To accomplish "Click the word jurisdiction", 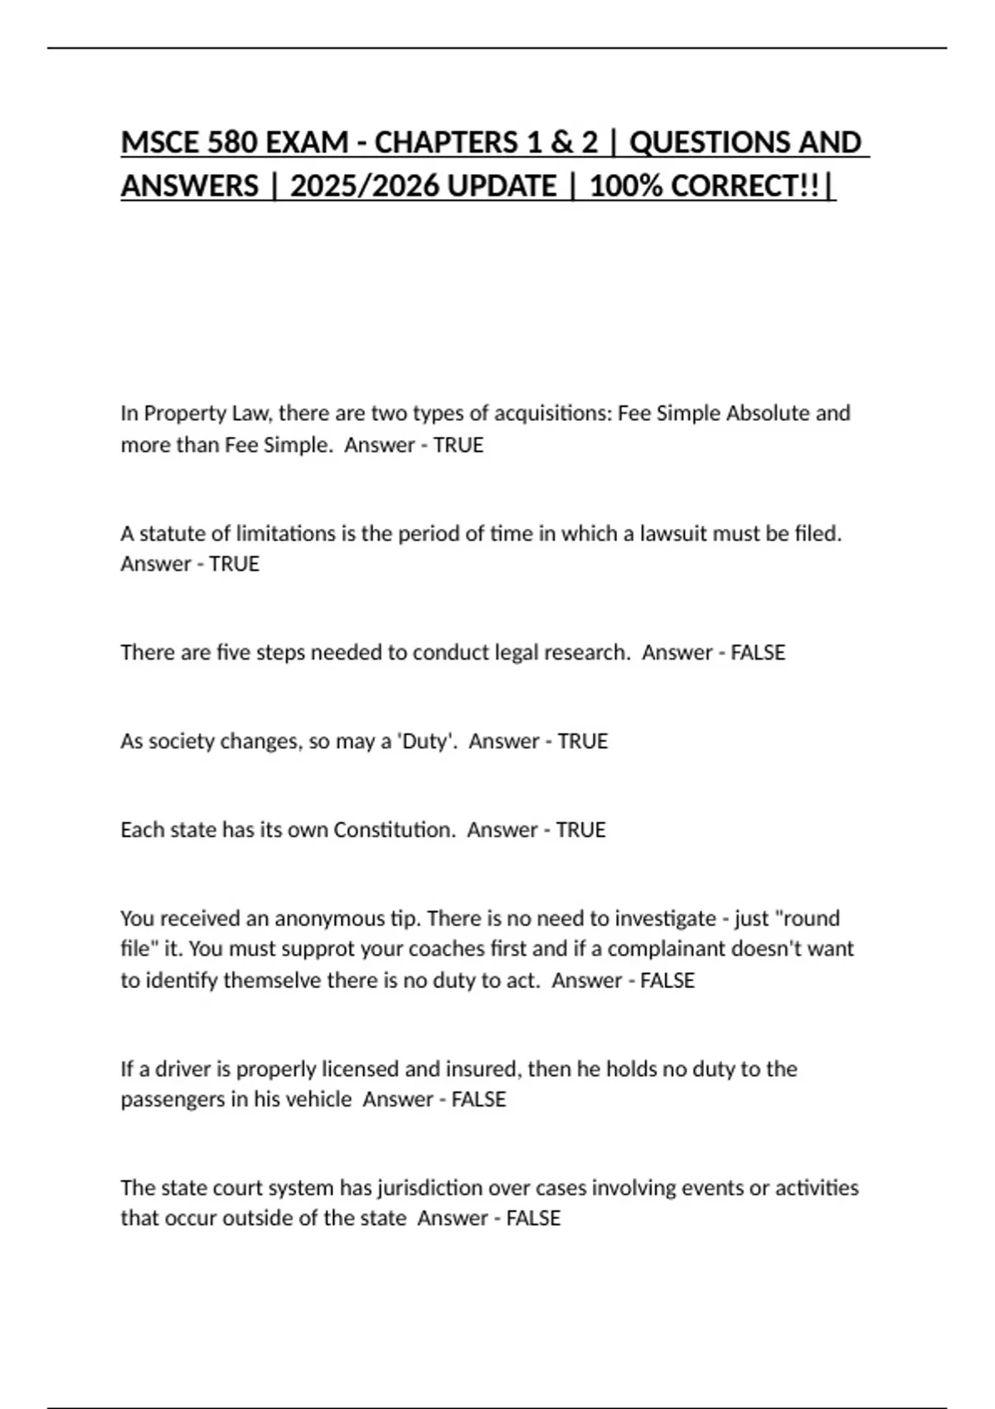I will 429,1189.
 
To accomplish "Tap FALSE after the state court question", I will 533,1218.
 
